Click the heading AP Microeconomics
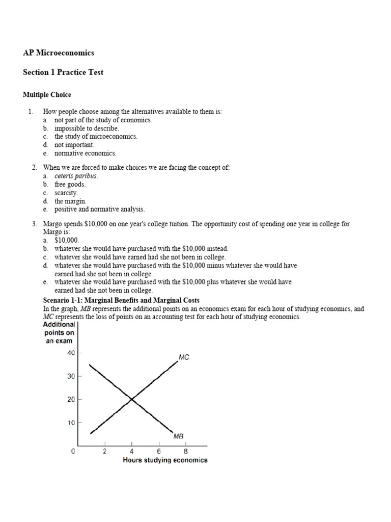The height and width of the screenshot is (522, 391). [x=59, y=53]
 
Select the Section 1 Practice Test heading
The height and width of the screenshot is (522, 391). [x=63, y=72]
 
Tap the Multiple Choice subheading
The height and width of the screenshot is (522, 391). [x=47, y=94]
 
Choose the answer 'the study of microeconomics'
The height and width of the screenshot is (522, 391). [x=96, y=137]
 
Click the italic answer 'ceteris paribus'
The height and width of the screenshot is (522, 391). [x=76, y=176]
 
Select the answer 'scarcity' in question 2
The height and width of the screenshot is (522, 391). [x=66, y=193]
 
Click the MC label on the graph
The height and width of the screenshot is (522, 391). [x=184, y=358]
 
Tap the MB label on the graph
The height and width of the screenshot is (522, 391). [x=178, y=436]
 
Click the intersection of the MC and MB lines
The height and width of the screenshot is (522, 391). [x=131, y=399]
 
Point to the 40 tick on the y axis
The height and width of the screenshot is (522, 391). [x=71, y=353]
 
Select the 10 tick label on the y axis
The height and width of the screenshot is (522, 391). [x=71, y=423]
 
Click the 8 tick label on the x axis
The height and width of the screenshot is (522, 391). [x=185, y=451]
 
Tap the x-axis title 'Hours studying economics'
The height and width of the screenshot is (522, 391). [x=165, y=460]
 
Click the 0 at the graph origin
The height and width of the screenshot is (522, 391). [x=73, y=452]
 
